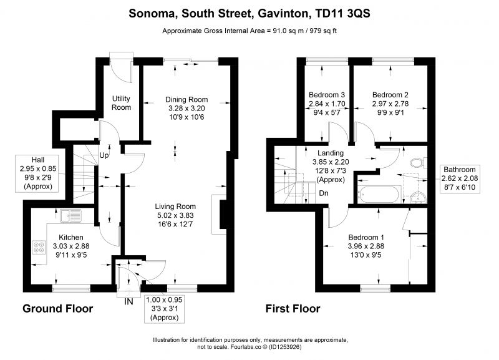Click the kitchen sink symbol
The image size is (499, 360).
[71, 215]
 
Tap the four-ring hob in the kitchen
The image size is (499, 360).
[39, 247]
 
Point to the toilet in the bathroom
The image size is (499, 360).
[418, 163]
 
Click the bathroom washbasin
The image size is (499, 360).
[418, 197]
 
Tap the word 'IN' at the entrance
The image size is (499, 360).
[128, 301]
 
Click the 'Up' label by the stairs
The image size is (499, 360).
[104, 155]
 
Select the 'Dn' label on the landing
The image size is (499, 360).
[324, 193]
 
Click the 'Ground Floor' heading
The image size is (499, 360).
[57, 308]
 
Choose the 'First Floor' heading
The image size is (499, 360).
[293, 308]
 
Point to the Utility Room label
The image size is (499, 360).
[121, 103]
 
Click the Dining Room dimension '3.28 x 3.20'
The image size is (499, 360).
[187, 108]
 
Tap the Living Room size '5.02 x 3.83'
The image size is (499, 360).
[175, 215]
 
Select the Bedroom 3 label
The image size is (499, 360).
[327, 95]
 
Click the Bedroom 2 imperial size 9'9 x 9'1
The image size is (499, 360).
[390, 112]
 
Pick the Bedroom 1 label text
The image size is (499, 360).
[366, 237]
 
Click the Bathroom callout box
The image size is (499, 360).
[460, 178]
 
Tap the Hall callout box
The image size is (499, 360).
[38, 173]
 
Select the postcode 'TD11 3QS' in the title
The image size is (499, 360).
[342, 13]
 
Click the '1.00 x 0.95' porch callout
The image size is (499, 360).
[164, 308]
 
